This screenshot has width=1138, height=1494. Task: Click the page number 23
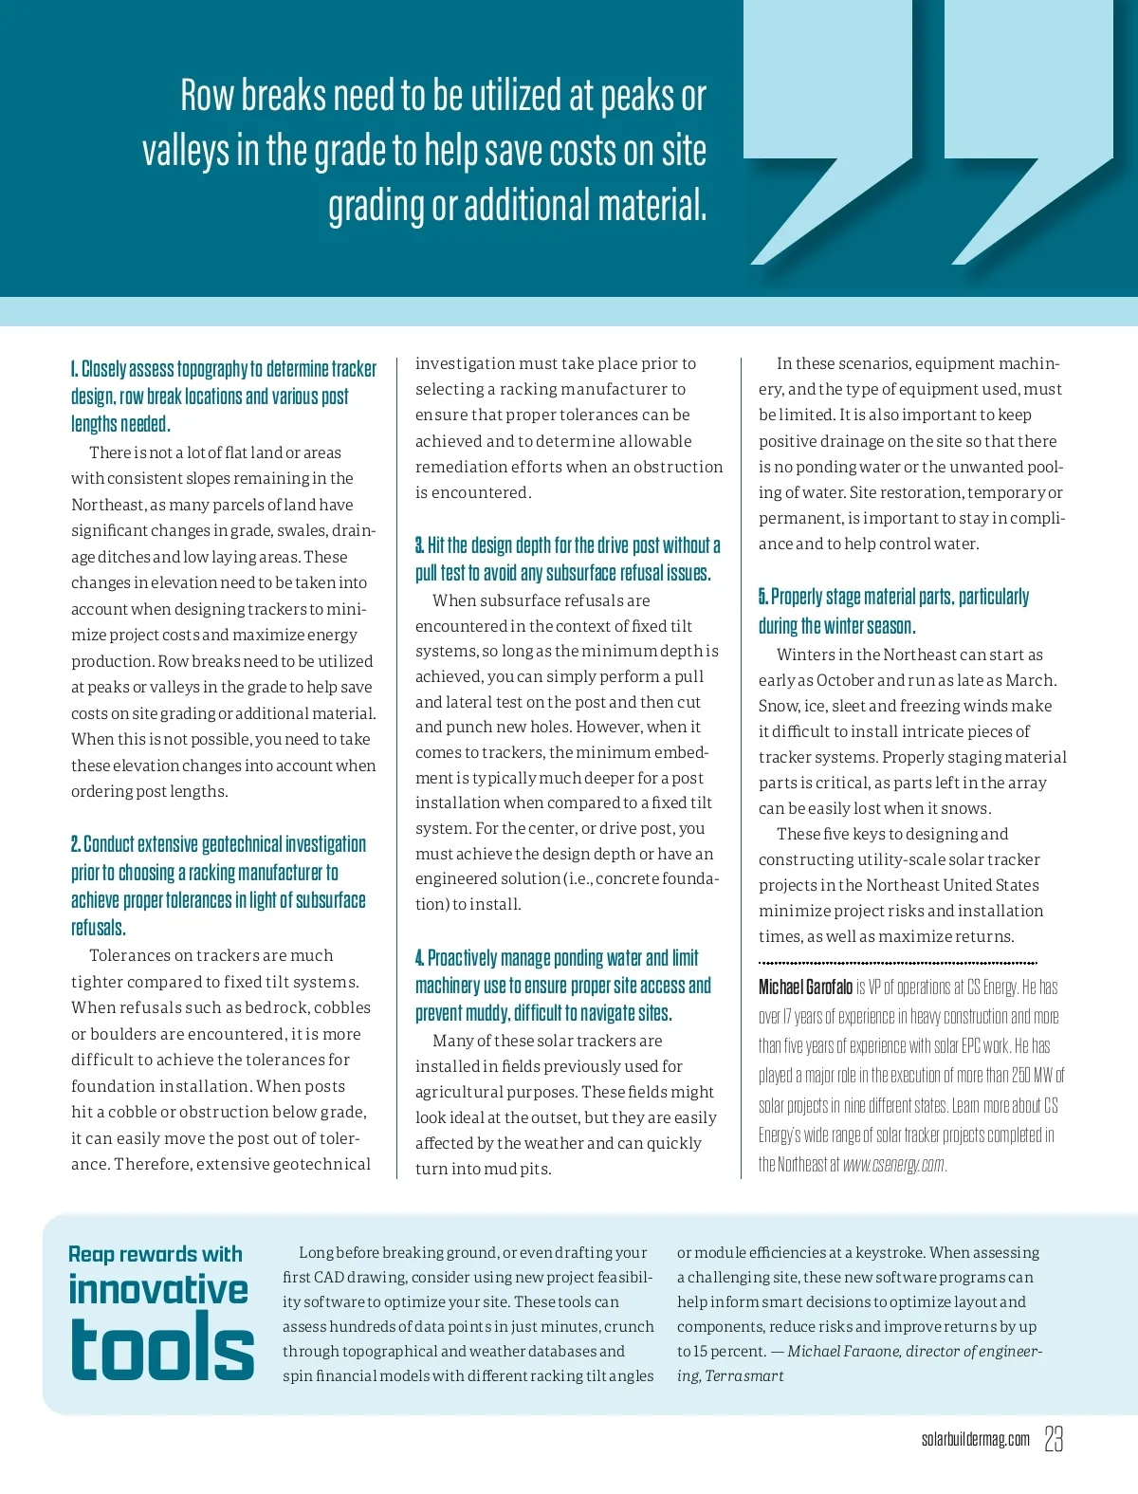tap(1054, 1439)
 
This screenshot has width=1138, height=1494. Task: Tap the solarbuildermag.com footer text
tap(975, 1440)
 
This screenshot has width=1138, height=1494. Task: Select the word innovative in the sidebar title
tap(158, 1290)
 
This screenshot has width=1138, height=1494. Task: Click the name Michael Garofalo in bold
tap(805, 987)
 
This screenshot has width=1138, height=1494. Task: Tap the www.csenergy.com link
tap(893, 1165)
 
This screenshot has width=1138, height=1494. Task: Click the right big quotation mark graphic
tap(1029, 133)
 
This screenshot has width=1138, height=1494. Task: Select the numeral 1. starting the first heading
tap(75, 369)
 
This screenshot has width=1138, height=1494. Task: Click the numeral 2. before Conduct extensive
tap(76, 844)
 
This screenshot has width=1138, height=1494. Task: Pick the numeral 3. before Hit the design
tap(419, 545)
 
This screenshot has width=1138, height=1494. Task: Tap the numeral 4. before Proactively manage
tap(419, 958)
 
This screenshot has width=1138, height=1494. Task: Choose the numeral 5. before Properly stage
tap(762, 597)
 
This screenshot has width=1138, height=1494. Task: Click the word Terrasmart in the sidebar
tap(744, 1375)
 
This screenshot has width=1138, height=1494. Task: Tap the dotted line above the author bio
tap(897, 963)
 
